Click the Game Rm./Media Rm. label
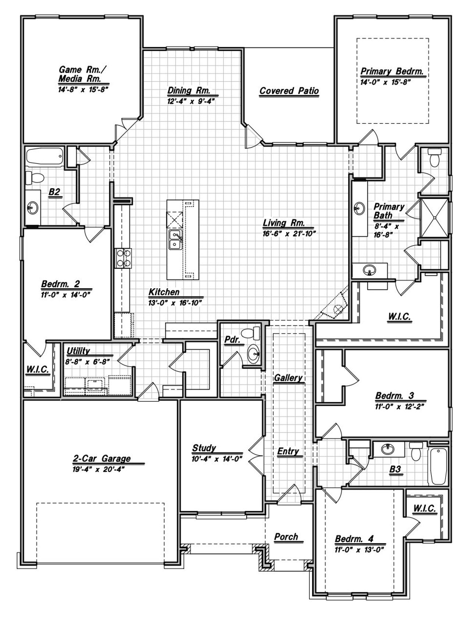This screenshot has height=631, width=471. [x=84, y=74]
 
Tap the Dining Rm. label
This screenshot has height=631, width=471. [x=189, y=91]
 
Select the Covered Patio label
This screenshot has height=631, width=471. [x=289, y=91]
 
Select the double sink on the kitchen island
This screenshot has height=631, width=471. [x=175, y=239]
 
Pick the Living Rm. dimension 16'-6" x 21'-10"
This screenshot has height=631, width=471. [x=289, y=233]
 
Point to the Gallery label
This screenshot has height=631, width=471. [x=288, y=378]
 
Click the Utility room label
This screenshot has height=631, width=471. [x=78, y=352]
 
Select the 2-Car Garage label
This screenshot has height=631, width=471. [x=102, y=459]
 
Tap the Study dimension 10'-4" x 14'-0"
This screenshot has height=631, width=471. [x=217, y=459]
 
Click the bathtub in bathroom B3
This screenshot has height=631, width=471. [x=438, y=466]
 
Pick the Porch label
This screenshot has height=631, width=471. [x=286, y=537]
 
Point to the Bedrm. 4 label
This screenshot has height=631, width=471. [x=354, y=539]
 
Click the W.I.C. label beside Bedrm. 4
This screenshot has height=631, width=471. [x=424, y=509]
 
